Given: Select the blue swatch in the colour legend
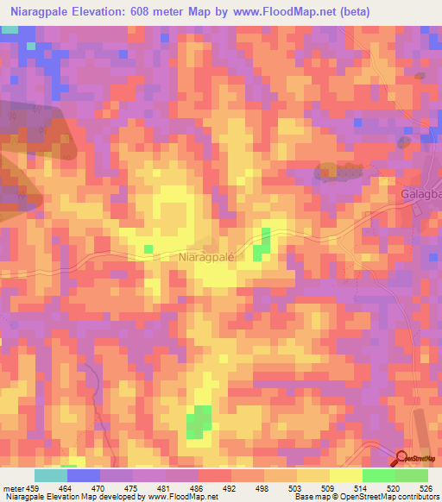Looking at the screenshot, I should (x=84, y=475).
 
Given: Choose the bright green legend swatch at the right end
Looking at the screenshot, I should (x=411, y=475).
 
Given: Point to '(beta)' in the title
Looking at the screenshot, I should (x=414, y=11).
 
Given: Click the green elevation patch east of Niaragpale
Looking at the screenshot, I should (x=262, y=241).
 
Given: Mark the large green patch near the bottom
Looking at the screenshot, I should (x=200, y=421).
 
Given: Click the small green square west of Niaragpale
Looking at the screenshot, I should (x=148, y=249).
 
